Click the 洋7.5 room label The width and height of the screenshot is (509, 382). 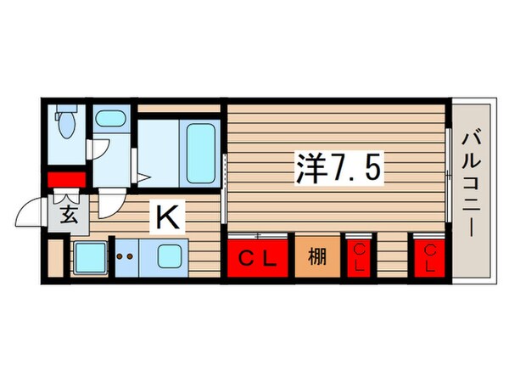pyautogui.click(x=338, y=166)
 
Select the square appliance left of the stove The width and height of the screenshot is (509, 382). pyautogui.click(x=89, y=257)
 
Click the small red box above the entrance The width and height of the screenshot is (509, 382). pyautogui.click(x=66, y=180)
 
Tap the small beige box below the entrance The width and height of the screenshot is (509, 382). pyautogui.click(x=56, y=257)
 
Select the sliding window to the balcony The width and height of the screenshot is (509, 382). pyautogui.click(x=447, y=174)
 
